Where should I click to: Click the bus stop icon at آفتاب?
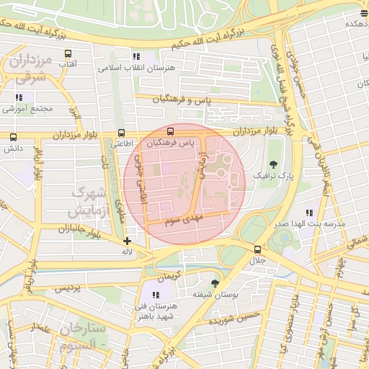click(68, 54)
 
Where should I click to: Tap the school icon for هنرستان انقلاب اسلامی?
click(135, 57)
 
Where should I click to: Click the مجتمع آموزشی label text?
click(29, 109)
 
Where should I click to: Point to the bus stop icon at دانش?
click(13, 137)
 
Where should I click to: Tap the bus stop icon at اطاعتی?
click(120, 133)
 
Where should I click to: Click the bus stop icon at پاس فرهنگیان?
click(170, 132)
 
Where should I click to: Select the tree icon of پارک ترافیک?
click(272, 164)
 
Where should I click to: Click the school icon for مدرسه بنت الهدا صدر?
click(309, 213)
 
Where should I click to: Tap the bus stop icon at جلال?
click(257, 249)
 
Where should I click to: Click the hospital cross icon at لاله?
click(127, 241)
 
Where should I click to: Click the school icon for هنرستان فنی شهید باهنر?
click(156, 294)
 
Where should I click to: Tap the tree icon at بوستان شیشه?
click(214, 283)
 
